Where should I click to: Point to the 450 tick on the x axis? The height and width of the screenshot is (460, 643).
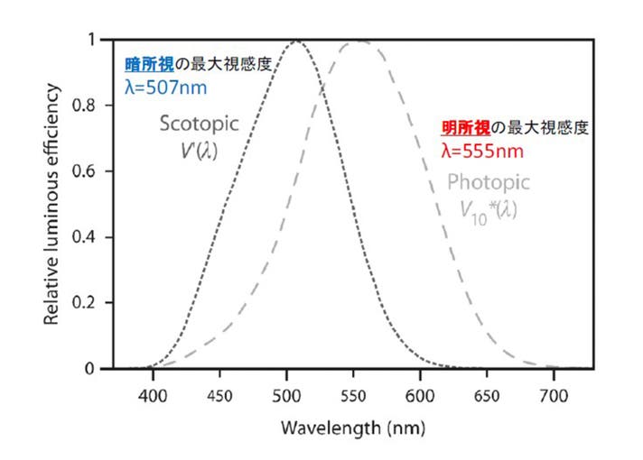[219, 393]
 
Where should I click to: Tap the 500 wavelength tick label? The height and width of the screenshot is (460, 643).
[286, 393]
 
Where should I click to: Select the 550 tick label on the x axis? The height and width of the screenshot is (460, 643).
[353, 393]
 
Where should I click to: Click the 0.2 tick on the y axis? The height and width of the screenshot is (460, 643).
[90, 303]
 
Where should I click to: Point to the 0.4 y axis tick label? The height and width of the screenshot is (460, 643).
[90, 237]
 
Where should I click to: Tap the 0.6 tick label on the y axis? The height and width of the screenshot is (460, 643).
[90, 171]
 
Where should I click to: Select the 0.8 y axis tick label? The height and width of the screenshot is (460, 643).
[90, 106]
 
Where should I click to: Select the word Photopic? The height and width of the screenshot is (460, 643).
[489, 183]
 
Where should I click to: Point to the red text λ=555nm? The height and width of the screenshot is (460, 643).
[482, 151]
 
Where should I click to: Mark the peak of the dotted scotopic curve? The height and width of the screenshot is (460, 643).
[296, 41]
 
